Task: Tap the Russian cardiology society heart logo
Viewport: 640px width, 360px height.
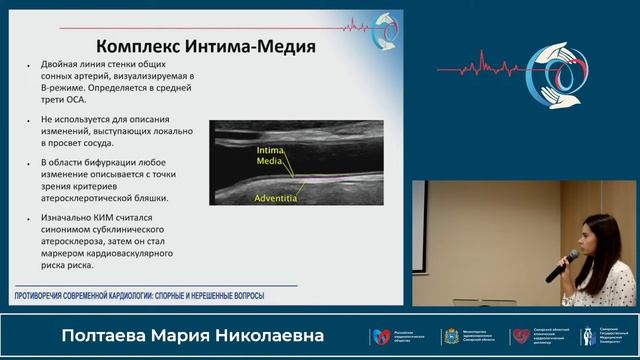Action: coord(380,336)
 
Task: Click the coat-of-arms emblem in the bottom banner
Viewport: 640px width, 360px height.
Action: coord(449,336)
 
